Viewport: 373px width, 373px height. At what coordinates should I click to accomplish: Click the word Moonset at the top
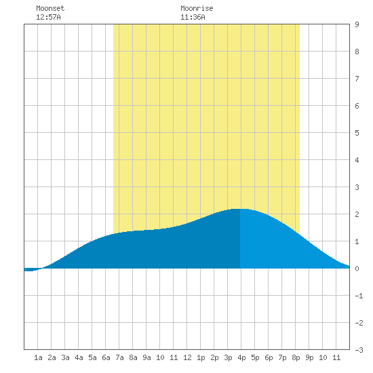(50, 8)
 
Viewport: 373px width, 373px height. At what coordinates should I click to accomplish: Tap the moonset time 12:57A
(48, 17)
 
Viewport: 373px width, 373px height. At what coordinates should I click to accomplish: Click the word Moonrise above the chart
(197, 8)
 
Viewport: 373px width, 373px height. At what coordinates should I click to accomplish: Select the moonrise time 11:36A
(193, 17)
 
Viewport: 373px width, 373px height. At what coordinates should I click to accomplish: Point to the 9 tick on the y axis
(357, 24)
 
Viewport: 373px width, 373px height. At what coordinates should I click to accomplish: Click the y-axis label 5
(357, 133)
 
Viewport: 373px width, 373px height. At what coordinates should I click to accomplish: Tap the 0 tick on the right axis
(357, 269)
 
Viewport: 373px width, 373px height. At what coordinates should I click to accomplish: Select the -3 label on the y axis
(359, 350)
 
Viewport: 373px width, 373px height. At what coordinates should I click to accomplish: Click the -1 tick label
(359, 296)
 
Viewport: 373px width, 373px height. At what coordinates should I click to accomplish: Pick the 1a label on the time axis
(38, 357)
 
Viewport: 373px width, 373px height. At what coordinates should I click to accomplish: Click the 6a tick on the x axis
(106, 357)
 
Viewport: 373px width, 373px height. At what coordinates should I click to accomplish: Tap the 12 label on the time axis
(187, 357)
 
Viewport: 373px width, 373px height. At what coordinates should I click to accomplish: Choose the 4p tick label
(241, 357)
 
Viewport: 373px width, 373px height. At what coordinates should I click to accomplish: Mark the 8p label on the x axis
(296, 357)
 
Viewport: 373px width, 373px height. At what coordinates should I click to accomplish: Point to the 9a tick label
(146, 357)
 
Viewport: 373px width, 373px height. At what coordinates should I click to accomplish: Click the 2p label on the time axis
(214, 357)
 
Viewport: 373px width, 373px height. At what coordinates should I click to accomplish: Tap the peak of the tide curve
(240, 209)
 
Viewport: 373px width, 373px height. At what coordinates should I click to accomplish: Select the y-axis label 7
(357, 79)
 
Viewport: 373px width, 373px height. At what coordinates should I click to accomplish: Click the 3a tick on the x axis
(65, 357)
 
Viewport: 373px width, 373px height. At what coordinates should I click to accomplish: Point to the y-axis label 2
(357, 214)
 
